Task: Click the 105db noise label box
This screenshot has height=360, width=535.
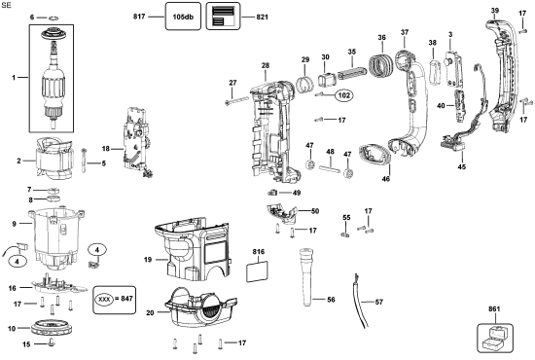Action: tap(183, 16)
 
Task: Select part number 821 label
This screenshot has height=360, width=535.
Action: tap(262, 17)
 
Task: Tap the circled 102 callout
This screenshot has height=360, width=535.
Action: tap(344, 95)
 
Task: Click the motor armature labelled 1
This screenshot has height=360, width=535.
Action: tap(53, 79)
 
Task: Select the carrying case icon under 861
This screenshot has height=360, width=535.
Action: tap(494, 338)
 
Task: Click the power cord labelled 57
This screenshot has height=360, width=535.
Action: tap(360, 302)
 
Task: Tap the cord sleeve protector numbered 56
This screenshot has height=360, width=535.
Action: tap(306, 276)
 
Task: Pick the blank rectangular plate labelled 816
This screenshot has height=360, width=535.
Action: tap(257, 271)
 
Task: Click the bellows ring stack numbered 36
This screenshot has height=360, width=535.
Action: tap(381, 64)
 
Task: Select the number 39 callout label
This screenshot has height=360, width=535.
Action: tap(495, 11)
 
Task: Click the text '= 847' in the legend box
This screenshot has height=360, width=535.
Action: tap(124, 299)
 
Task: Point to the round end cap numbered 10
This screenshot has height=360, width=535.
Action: tap(52, 328)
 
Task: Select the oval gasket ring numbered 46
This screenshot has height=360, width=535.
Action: tap(374, 156)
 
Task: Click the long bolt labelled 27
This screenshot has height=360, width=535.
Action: tap(236, 100)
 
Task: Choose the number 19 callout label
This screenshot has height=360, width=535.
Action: tap(148, 260)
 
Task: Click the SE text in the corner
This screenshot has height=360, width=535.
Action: tap(6, 6)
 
